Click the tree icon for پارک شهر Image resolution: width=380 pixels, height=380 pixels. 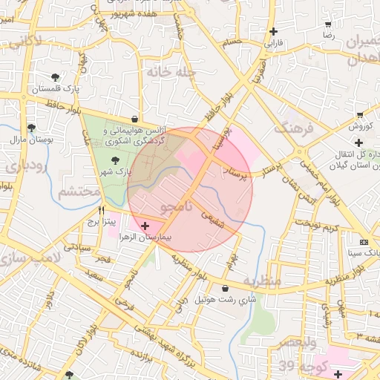114,160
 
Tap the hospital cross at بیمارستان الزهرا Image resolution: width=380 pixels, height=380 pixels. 145,225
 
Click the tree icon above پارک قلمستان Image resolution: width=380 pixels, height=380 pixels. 56,76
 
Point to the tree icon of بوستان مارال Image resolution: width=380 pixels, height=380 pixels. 30,128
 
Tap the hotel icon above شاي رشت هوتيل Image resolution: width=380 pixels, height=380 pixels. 225,288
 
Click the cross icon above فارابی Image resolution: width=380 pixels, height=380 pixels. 275,32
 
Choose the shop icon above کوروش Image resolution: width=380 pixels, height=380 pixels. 360,114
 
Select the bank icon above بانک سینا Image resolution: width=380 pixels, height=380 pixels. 364,242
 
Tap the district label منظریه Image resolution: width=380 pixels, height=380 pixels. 261,281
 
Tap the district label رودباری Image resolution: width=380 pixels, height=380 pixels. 20,166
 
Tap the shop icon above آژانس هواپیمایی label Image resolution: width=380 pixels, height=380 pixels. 134,119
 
